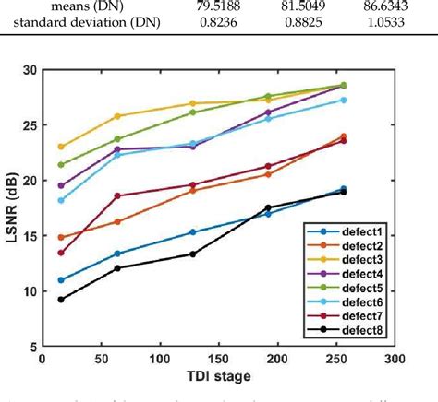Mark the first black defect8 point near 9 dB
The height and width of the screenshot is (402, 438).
[61, 299]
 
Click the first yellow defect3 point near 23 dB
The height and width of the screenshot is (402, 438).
[61, 147]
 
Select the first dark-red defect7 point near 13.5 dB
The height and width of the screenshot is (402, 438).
[61, 253]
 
